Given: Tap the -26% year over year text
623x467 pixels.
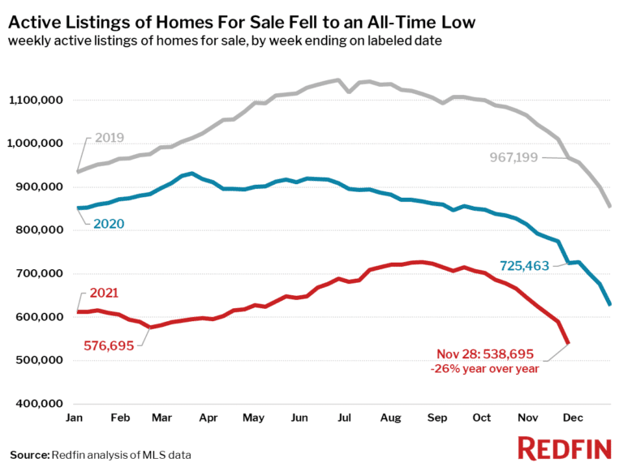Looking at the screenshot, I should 484,369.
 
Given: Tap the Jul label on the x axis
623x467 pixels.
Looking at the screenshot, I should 343,418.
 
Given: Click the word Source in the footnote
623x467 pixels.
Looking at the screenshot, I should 29,454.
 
